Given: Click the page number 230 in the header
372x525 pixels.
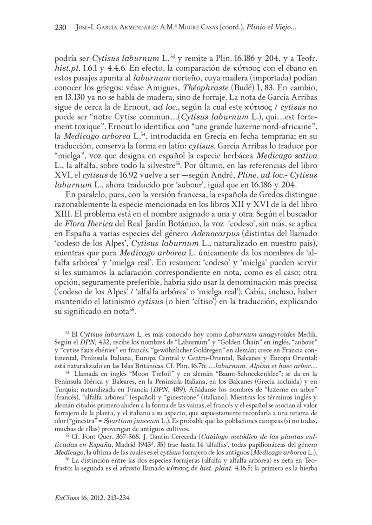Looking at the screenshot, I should pyautogui.click(x=62, y=28).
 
